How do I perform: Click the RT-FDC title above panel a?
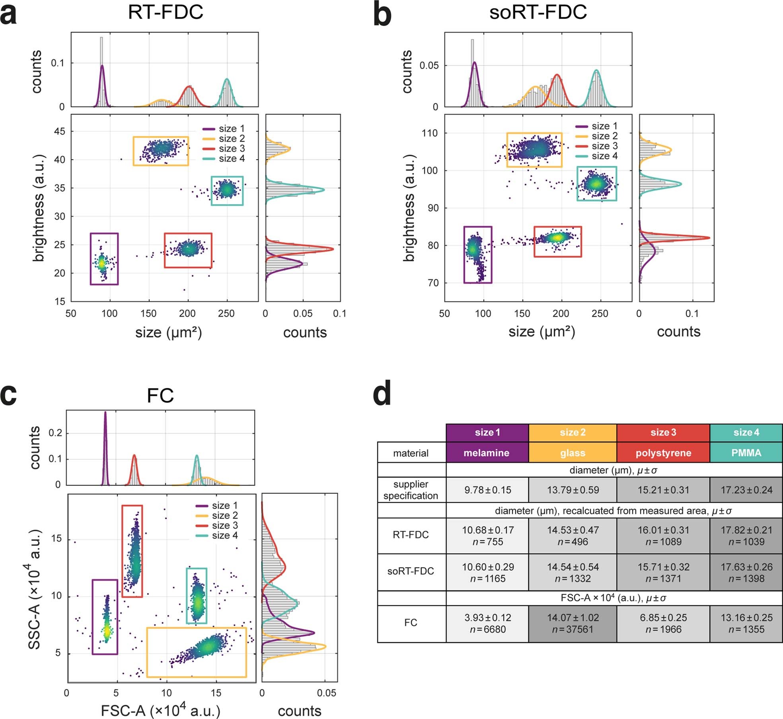click(x=165, y=12)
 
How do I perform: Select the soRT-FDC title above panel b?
click(x=538, y=12)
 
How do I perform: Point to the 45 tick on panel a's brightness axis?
click(x=60, y=131)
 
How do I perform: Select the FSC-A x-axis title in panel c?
click(x=160, y=711)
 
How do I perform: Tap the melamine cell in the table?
click(x=487, y=453)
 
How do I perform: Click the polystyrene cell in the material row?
click(x=663, y=453)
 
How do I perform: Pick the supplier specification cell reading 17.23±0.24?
click(x=746, y=490)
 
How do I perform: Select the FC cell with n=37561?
click(x=573, y=623)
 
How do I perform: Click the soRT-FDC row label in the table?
click(x=411, y=571)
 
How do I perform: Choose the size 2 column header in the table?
click(x=573, y=432)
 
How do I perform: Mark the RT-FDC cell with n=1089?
click(x=663, y=535)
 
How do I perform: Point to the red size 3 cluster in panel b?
click(x=557, y=238)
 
